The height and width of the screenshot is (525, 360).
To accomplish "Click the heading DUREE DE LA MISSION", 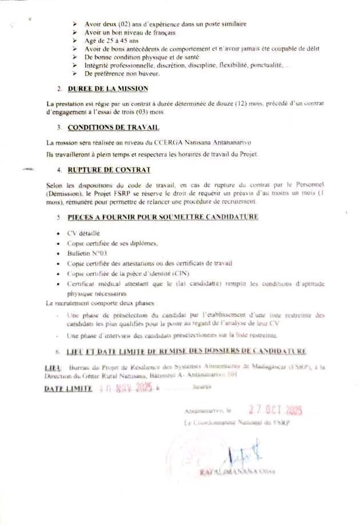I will click(107, 89).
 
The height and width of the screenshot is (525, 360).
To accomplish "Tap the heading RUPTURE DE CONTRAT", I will click(109, 170).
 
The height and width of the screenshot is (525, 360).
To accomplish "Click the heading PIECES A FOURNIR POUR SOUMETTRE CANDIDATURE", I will click(163, 217).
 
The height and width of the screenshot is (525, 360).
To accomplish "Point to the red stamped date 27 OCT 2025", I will click(275, 410).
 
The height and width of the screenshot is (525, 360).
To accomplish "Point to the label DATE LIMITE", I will click(68, 388).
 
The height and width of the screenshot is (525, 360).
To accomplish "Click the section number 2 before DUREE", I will click(59, 89).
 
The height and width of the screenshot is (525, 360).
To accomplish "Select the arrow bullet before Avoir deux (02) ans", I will click(75, 24).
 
